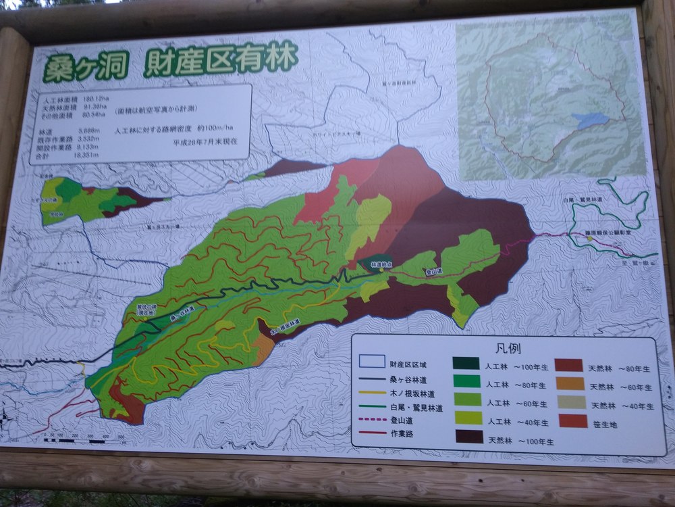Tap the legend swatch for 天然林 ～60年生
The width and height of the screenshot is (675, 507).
tap(570, 384)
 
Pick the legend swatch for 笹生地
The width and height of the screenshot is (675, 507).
tap(572, 422)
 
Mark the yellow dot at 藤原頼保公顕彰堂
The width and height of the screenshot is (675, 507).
tap(589, 239)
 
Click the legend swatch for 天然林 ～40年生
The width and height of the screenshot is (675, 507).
tap(572, 403)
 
